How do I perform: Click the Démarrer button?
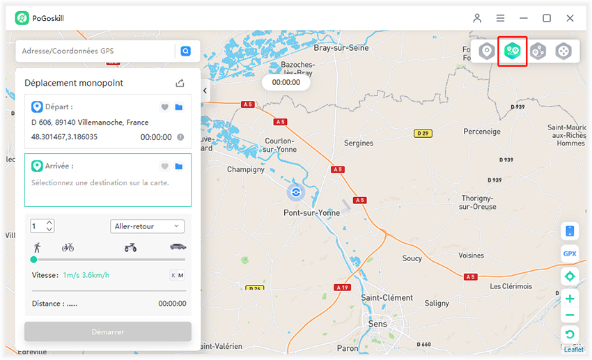coord(108,331)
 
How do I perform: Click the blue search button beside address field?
coord(185,51)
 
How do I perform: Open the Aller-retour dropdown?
coord(147,226)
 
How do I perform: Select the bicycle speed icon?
coord(68,247)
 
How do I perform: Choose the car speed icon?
coord(178,247)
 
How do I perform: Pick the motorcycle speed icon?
coord(130,247)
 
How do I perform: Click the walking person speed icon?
coord(37,247)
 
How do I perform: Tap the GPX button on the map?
coord(570,253)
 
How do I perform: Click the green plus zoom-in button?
coord(570,299)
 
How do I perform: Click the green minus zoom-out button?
coord(570,315)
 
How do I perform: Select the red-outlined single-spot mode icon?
coord(513,51)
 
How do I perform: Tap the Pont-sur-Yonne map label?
coord(311,213)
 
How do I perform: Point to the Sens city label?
coord(377,324)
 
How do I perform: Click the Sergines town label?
coord(359,143)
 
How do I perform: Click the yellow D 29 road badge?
coord(422,133)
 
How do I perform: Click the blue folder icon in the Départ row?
coord(179,107)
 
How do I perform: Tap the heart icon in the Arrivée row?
coord(164,166)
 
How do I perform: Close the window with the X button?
coord(570,18)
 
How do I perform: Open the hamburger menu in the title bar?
coord(500,18)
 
